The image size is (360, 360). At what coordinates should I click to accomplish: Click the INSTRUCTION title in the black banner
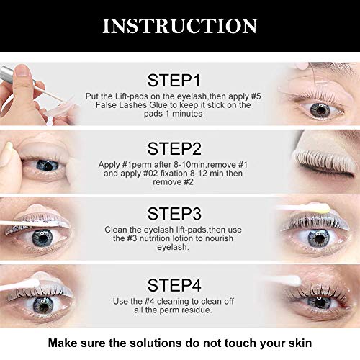click(x=179, y=26)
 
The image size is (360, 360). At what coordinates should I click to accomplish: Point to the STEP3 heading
click(x=179, y=214)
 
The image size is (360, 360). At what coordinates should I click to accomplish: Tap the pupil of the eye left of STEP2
click(x=46, y=164)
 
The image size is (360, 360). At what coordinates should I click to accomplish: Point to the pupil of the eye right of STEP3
click(x=318, y=235)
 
